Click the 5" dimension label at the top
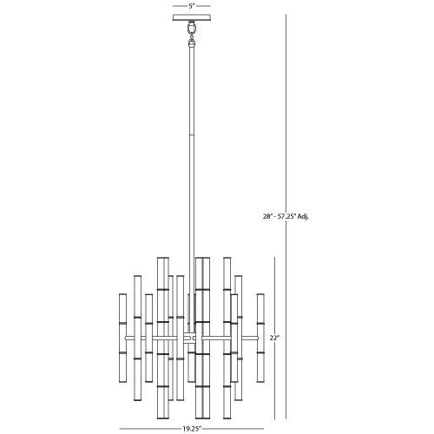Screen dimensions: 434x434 coord(192,6)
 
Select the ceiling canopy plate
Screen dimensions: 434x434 coord(192,17)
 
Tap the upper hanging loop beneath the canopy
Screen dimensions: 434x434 coord(192,28)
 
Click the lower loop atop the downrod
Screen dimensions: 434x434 coord(192,43)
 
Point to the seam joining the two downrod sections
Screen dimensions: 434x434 coord(192,135)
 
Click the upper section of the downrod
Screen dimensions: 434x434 coord(192,91)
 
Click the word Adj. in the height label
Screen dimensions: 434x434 coord(303,216)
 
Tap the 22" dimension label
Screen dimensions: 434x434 coord(273,338)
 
